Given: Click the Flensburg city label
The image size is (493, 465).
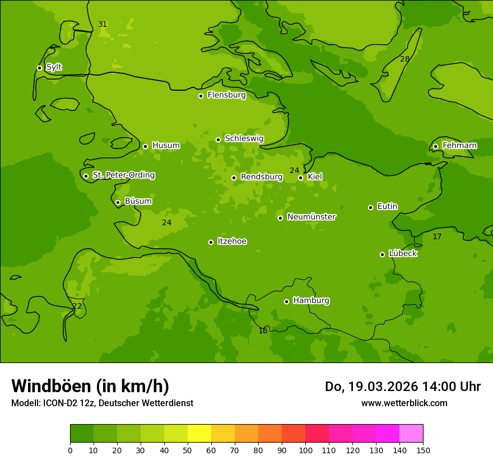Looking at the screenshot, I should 226,95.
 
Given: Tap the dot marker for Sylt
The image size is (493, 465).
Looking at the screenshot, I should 39,68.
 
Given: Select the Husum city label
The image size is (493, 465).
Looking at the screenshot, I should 166,146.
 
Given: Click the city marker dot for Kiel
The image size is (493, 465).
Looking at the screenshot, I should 300,178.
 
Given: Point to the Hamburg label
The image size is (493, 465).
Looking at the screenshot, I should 311,301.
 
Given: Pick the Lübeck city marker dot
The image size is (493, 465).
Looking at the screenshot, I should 382,254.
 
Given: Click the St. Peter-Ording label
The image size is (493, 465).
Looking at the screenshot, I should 123,175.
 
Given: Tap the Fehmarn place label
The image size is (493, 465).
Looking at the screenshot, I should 459,146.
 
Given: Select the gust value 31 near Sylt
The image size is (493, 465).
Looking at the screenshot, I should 103,25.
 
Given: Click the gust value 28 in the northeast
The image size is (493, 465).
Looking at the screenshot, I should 404,59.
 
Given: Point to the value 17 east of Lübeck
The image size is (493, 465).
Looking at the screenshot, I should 437,237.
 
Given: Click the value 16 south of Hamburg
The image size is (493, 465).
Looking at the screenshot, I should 263,331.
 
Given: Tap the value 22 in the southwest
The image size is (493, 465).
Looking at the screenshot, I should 77,306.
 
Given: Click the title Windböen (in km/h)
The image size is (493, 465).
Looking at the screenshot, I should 90,386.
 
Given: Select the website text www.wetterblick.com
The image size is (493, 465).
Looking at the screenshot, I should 404,403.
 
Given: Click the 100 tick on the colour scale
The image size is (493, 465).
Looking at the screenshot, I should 305,450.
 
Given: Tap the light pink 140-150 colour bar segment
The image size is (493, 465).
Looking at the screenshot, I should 411,434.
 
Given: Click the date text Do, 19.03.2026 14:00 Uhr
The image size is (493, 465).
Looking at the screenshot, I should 402,387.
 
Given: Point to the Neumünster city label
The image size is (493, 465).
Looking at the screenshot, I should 311,217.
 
